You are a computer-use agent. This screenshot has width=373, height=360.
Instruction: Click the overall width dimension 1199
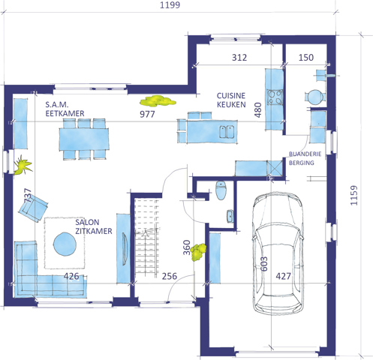(x=170, y=4)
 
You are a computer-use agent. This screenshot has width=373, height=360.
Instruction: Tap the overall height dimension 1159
(x=353, y=196)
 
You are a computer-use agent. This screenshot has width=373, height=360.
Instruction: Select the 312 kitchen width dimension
(x=239, y=58)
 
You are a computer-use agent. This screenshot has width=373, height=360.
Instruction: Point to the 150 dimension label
(x=306, y=58)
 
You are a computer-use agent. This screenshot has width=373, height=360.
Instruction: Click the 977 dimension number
(x=147, y=114)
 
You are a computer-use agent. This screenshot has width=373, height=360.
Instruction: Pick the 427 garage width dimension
(x=284, y=276)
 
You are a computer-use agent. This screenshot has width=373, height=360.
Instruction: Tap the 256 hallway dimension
(x=170, y=276)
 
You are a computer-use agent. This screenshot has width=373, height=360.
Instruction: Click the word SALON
(x=87, y=222)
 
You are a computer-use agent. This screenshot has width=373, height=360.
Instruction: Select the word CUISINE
(x=231, y=95)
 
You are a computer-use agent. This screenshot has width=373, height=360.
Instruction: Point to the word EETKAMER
(x=65, y=113)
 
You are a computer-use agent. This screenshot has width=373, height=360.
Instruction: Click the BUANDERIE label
(x=305, y=154)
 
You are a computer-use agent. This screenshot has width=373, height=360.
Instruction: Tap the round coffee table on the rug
(x=65, y=244)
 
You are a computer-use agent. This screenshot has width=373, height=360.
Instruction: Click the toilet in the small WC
(x=221, y=190)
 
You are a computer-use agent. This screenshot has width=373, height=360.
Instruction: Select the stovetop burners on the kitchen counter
(x=275, y=97)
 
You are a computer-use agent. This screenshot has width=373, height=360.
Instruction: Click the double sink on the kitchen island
(x=227, y=132)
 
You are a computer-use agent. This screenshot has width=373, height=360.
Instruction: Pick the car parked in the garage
(x=278, y=253)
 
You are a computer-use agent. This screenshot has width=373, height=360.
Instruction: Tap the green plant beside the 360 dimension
(x=198, y=252)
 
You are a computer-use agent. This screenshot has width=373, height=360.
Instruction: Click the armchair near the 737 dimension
(x=33, y=208)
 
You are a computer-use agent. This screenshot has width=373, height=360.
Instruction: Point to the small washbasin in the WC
(x=230, y=216)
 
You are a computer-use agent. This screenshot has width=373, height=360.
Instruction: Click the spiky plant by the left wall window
(x=23, y=165)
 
